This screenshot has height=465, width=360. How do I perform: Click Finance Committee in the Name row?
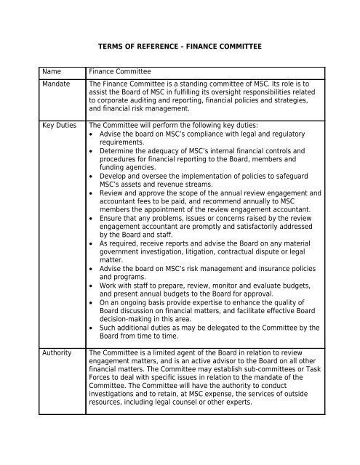(x=121, y=73)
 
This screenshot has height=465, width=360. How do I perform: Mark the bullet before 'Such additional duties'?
(x=91, y=328)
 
